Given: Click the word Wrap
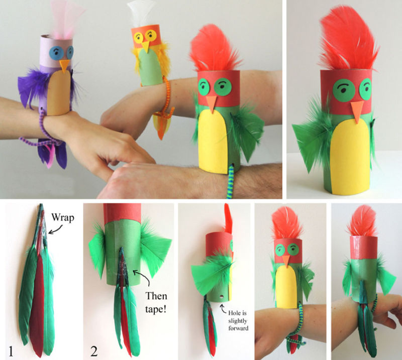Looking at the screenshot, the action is point(63,217).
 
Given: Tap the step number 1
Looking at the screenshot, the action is point(11,351).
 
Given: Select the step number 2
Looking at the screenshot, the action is point(94,351).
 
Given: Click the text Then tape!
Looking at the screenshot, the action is point(156,302).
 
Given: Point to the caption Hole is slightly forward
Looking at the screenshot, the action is point(238,320).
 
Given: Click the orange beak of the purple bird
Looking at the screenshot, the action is point(64,65).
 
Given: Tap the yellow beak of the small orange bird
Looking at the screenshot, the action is point(146,46).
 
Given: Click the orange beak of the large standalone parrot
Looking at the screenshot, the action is point(357,111).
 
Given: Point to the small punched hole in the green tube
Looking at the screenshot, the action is point(221,297).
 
